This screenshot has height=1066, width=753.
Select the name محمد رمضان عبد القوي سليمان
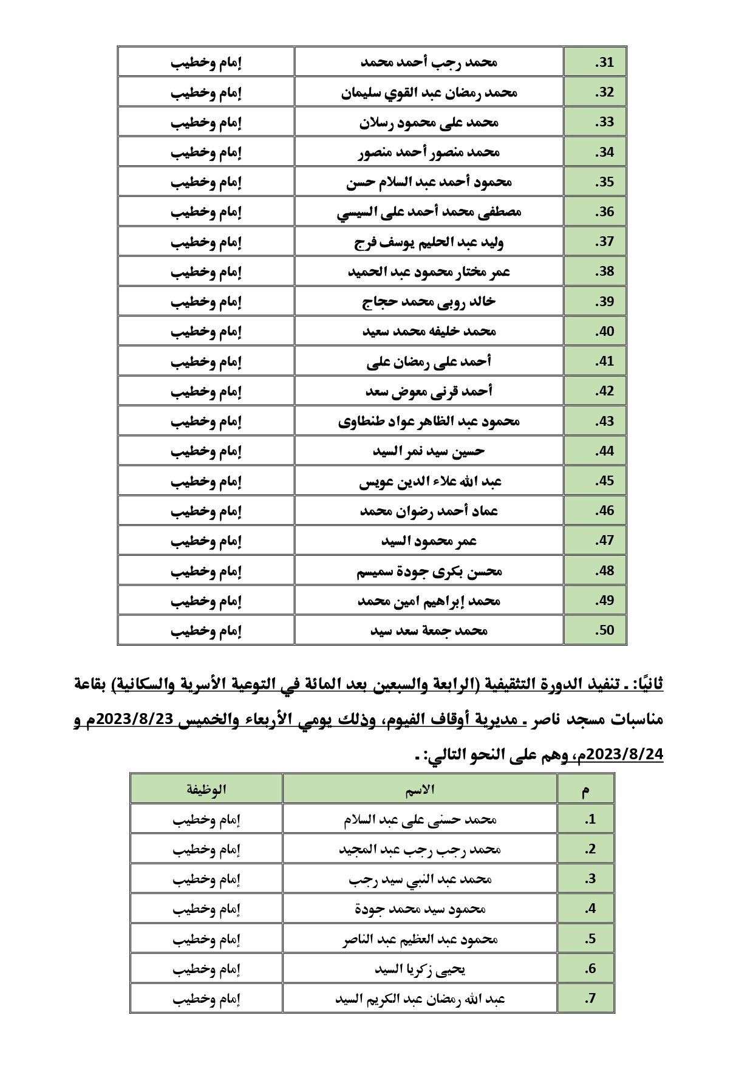click(429, 92)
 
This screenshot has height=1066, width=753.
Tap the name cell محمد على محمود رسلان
click(429, 122)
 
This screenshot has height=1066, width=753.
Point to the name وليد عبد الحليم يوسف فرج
click(429, 242)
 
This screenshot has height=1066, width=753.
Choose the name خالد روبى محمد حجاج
click(429, 301)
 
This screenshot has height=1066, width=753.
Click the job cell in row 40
click(206, 332)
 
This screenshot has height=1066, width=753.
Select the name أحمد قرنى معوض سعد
click(429, 391)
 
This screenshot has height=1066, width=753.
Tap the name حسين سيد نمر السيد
click(429, 451)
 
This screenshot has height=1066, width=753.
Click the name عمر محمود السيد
click(429, 541)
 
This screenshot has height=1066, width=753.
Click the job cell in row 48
click(206, 571)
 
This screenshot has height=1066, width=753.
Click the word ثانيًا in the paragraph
click(647, 684)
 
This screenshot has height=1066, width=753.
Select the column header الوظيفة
click(206, 789)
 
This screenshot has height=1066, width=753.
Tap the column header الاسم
click(420, 789)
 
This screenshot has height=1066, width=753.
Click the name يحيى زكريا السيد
click(420, 969)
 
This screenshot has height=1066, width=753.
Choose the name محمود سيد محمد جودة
click(420, 909)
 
